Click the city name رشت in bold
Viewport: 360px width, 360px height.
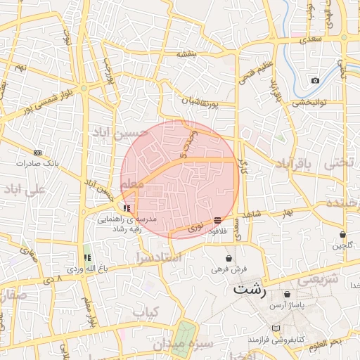click(x=250, y=289)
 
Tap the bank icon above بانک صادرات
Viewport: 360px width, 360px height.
click(x=37, y=153)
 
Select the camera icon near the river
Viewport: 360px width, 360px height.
click(x=315, y=80)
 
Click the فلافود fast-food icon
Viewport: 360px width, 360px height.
click(x=217, y=221)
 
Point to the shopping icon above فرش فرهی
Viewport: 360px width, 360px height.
click(x=229, y=258)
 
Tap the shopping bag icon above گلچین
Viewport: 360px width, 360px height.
click(x=342, y=234)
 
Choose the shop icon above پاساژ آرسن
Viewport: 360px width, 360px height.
click(x=287, y=294)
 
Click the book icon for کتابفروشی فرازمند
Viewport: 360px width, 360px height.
click(x=275, y=328)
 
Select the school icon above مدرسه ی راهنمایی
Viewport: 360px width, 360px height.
click(x=127, y=208)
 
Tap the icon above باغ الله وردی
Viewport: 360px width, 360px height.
click(x=87, y=258)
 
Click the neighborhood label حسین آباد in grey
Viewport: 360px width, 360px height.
click(x=120, y=132)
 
